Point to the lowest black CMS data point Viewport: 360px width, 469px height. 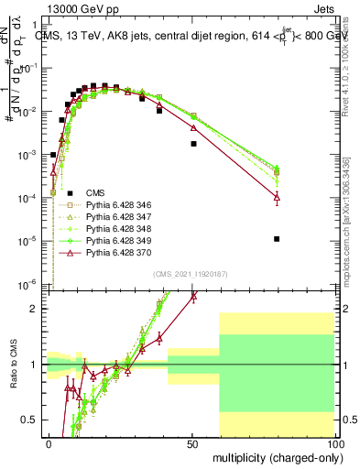(x=277, y=239)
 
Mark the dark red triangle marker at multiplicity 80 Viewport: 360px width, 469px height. (x=277, y=197)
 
